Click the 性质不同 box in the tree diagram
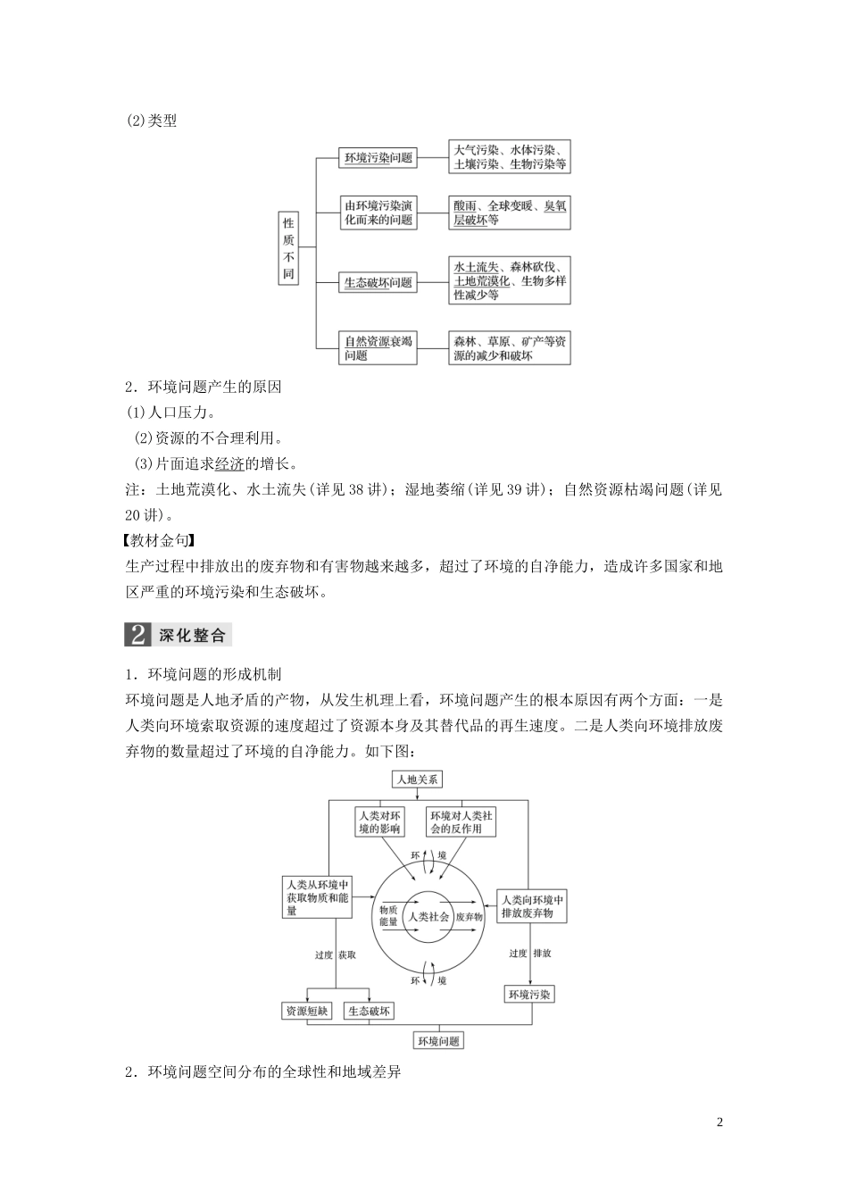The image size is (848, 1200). tap(288, 248)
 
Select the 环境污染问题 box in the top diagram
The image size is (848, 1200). tap(378, 158)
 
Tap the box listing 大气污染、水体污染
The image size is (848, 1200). tap(509, 157)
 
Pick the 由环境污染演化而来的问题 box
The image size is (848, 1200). tap(378, 212)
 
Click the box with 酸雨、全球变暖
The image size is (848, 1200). tap(509, 212)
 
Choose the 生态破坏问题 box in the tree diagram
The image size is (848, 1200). tap(378, 282)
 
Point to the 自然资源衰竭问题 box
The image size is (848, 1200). tap(378, 348)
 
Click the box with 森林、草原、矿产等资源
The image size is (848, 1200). tap(509, 348)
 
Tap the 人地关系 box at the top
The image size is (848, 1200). tap(418, 779)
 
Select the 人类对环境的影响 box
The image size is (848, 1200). tap(379, 821)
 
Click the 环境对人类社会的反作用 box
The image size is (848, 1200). tap(461, 821)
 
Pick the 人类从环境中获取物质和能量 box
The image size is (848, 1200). tap(316, 897)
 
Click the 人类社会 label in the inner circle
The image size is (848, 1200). tap(428, 916)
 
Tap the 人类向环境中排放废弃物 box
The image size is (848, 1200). tap(532, 905)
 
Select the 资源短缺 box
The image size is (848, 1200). tap(306, 1012)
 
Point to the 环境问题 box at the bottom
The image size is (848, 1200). tap(438, 1041)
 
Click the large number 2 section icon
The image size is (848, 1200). tap(138, 635)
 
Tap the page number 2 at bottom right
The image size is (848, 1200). tap(719, 1122)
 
